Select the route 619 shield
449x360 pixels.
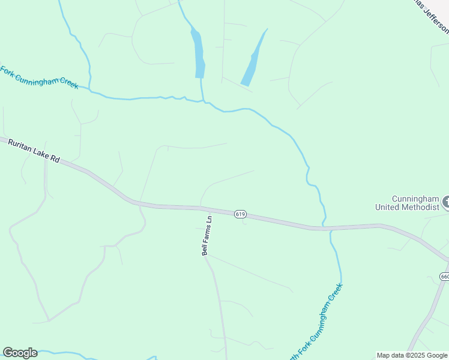coord(240,214)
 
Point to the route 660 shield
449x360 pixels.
coord(444,277)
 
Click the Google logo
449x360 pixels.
coord(20,353)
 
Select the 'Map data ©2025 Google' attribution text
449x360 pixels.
coord(412,355)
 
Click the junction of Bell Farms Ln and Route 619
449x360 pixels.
coord(210,209)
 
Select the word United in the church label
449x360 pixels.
coord(387,207)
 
